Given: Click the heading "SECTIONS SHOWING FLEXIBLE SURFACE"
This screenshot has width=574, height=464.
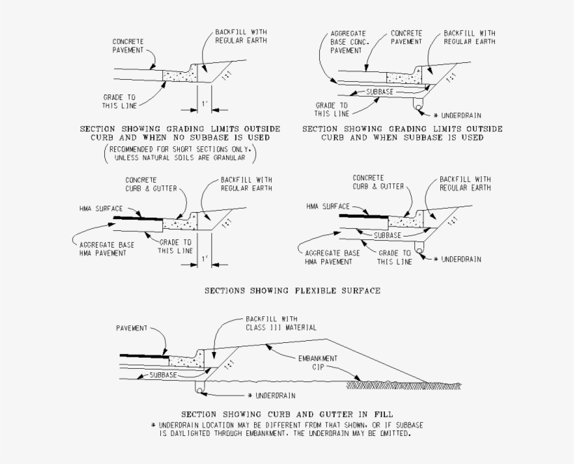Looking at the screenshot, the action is [293, 291].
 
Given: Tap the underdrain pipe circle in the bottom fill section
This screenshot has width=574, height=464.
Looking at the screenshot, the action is [199, 391].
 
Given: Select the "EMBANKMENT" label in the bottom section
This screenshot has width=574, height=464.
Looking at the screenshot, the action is [318, 358].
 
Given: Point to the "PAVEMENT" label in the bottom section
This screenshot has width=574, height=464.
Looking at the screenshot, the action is [132, 328].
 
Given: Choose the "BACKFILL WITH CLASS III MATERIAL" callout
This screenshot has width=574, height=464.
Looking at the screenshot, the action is [281, 323].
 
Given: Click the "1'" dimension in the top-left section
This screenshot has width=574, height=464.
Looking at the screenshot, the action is [204, 104].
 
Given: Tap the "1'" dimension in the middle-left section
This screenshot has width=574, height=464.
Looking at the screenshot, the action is [204, 259].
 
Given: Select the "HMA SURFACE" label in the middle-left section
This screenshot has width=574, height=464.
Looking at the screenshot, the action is [101, 209].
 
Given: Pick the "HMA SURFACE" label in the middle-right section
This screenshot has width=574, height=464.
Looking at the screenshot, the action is [328, 206].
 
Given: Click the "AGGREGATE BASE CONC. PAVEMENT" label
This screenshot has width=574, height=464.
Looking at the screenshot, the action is [349, 42].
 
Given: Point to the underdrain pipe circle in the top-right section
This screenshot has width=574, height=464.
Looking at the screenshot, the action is [419, 107].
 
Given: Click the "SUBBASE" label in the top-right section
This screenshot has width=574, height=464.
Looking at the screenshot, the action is [379, 92].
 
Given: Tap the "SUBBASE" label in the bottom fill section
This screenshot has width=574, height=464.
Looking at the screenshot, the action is [163, 375].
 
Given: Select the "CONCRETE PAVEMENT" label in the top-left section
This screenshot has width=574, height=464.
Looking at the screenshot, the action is [128, 46].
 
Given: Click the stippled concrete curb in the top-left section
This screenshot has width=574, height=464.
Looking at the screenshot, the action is [179, 76].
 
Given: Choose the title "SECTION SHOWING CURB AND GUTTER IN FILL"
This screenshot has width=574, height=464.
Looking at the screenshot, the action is [287, 414].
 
